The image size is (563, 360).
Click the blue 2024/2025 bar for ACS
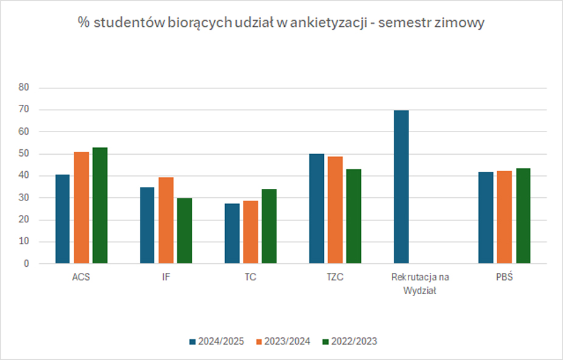click(63, 219)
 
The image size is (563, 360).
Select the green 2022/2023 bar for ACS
click(100, 206)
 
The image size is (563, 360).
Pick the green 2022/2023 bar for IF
click(184, 231)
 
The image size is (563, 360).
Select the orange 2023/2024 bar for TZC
click(335, 210)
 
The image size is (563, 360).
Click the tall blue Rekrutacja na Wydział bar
click(401, 187)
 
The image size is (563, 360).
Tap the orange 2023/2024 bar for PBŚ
click(505, 217)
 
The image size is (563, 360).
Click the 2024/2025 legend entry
click(217, 342)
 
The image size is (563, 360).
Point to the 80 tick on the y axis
click(24, 88)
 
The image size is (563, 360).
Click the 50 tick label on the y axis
click(24, 154)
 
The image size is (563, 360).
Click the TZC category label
click(335, 278)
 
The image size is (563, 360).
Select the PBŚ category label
click(504, 278)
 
